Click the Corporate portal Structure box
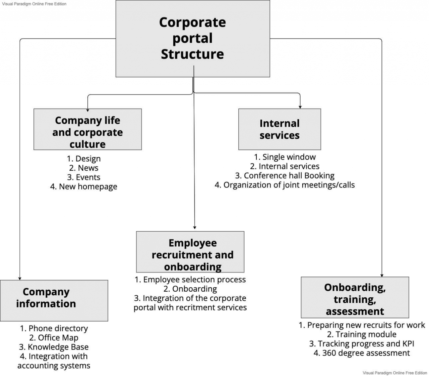click(193, 39)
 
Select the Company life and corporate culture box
click(87, 129)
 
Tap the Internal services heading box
click(280, 129)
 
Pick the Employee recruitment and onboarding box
click(190, 252)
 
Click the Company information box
click(54, 301)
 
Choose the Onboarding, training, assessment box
click(355, 297)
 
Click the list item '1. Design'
click(84, 159)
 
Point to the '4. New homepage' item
click(84, 186)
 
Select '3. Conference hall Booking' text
click(285, 176)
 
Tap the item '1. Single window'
click(285, 157)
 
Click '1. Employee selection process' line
click(190, 280)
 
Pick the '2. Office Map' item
click(54, 338)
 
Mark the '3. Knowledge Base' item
click(54, 347)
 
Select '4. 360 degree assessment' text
click(362, 353)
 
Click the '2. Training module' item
click(362, 334)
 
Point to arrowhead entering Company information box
click(20, 279)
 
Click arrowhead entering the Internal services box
click(300, 107)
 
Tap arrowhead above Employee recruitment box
click(195, 227)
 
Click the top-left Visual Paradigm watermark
click(34, 4)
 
